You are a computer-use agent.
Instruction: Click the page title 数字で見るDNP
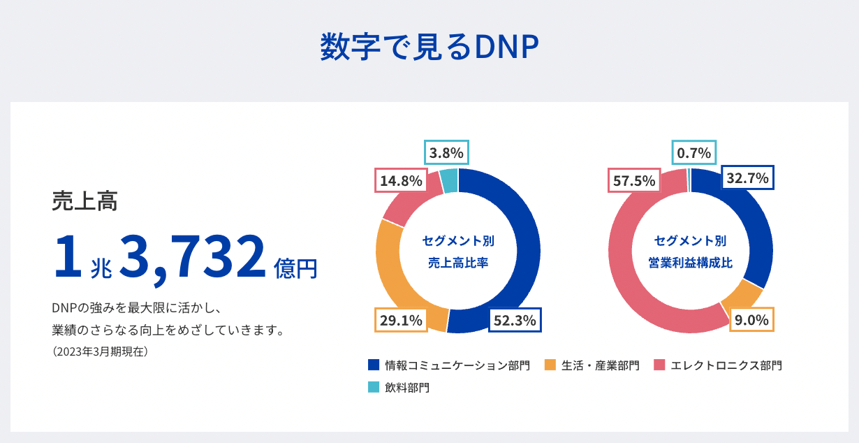pos(429,48)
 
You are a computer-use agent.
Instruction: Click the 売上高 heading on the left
pos(85,201)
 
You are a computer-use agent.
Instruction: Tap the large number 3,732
pos(193,256)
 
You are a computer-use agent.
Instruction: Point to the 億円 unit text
pos(296,268)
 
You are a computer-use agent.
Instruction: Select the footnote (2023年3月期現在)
pos(101,351)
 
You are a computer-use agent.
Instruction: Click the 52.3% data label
pos(515,321)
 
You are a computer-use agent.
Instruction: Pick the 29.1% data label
pos(401,321)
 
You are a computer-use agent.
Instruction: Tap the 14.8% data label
pos(401,181)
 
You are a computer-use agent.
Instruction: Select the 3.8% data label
pos(446,152)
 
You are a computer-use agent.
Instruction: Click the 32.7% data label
pos(748,178)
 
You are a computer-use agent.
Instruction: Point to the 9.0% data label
pos(751,321)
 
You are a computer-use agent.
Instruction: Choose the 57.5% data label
pos(633,181)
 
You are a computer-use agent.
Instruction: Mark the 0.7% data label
pos(693,152)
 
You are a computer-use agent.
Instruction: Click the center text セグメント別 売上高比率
pos(458,252)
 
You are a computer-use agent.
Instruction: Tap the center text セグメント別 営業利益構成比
pos(690,252)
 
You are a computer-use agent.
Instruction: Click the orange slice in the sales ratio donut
pos(392,273)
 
